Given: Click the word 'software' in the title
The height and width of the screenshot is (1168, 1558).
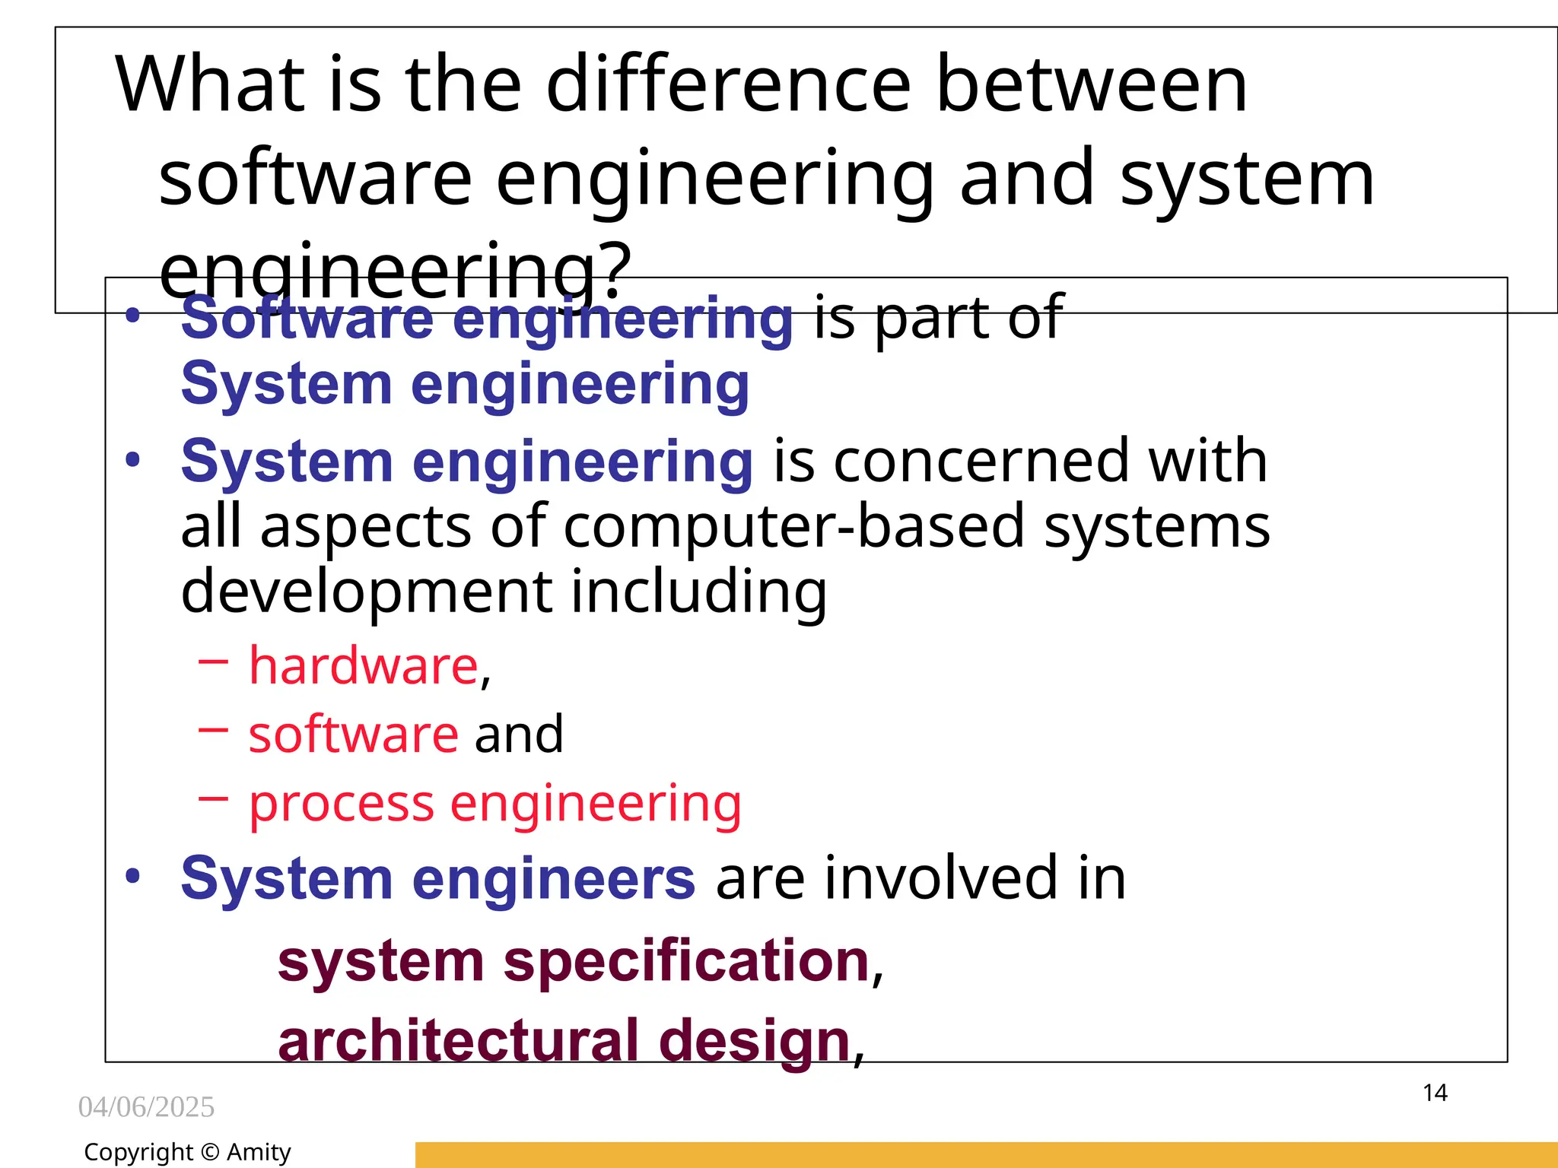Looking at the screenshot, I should click(315, 179).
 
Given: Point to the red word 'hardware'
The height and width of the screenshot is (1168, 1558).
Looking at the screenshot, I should click(364, 666).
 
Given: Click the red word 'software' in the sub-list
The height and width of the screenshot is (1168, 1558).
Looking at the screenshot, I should click(354, 735).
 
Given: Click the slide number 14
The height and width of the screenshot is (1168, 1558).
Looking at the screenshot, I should click(1435, 1093).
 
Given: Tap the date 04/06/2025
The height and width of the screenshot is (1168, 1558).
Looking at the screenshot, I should click(146, 1107).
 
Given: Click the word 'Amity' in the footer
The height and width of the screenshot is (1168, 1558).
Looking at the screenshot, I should click(259, 1152).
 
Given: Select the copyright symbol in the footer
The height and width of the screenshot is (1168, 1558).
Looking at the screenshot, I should click(210, 1153).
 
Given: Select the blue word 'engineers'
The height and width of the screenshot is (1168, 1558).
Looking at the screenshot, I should click(554, 878).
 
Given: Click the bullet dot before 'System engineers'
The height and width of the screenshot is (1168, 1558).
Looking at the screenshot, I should click(133, 876).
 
